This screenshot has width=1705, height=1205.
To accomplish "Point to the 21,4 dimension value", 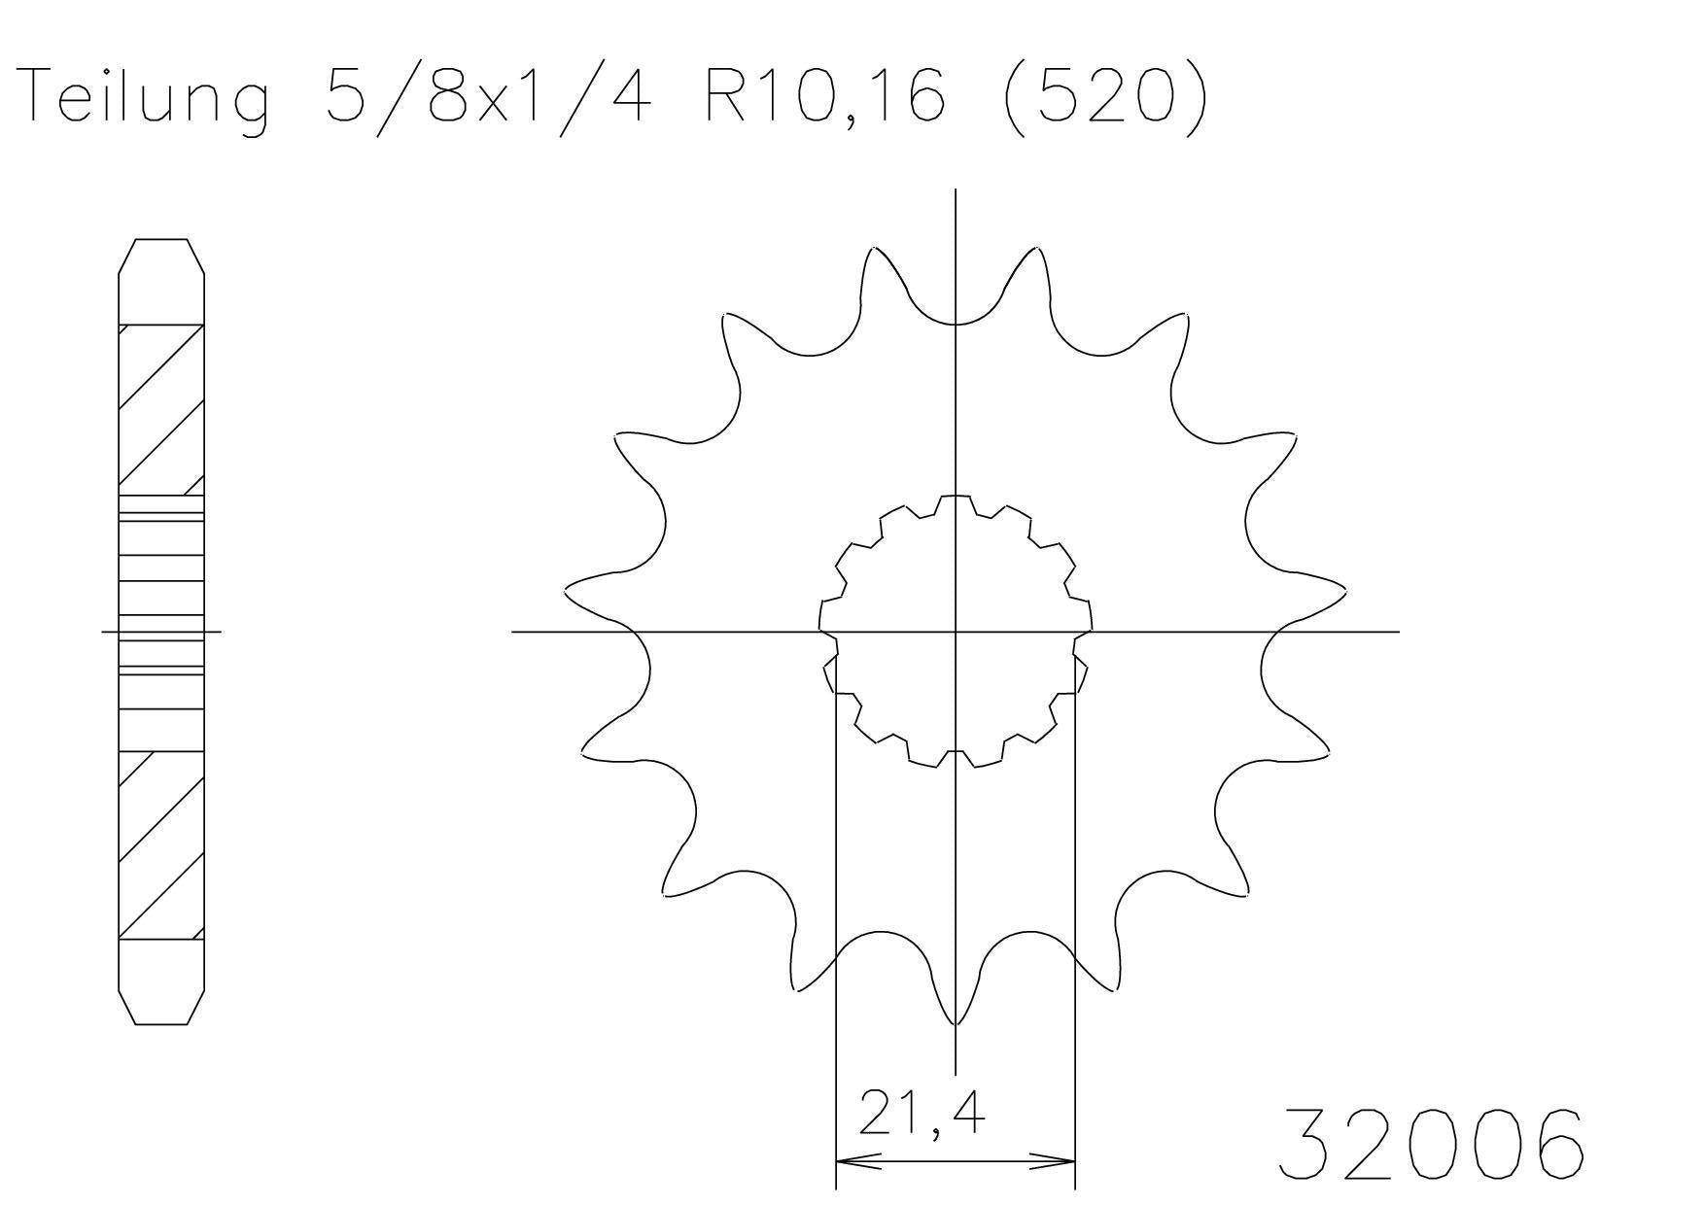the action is click(x=922, y=1115).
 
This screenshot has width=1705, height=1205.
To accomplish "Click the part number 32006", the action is click(x=1430, y=1145).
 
